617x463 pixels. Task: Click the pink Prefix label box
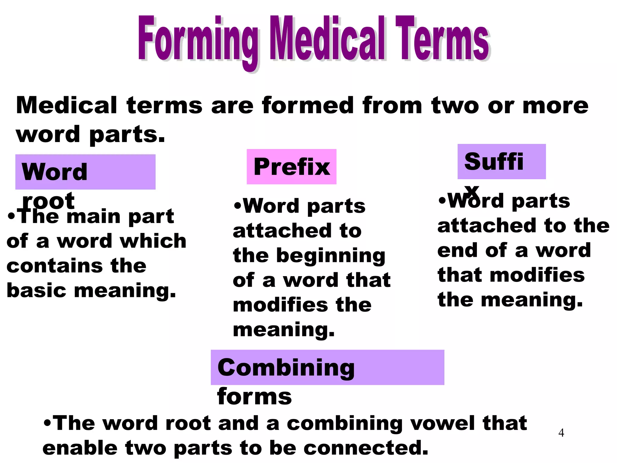(291, 167)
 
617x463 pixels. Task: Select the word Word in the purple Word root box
(55, 172)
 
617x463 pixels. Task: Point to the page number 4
(561, 433)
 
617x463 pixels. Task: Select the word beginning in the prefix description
(330, 256)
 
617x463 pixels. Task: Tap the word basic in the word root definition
(36, 290)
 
